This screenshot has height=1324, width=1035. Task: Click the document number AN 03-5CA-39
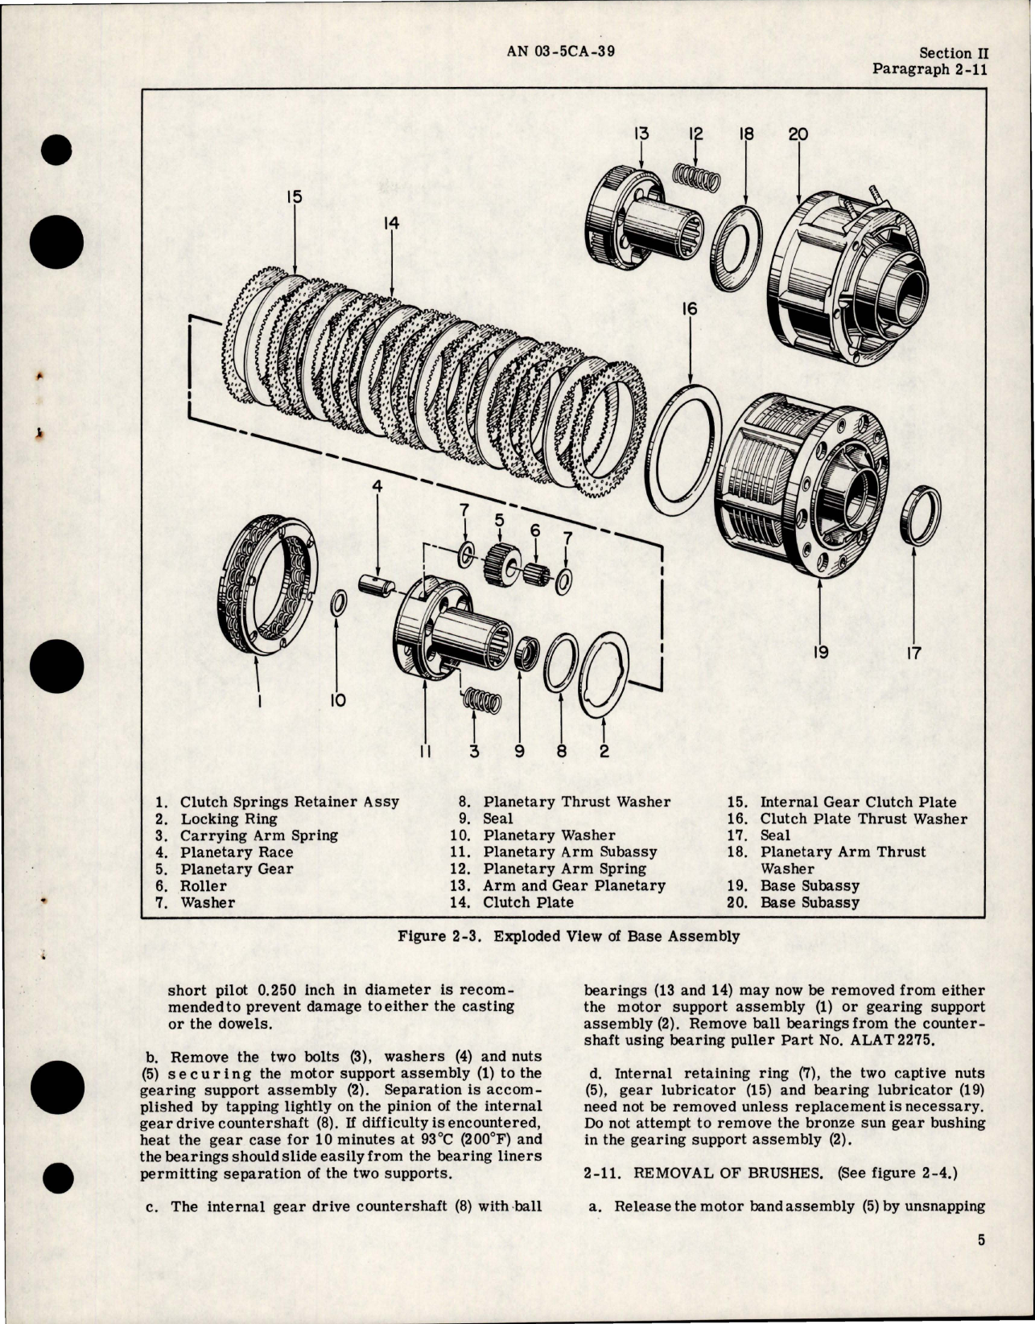click(562, 52)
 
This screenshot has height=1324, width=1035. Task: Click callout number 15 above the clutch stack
click(293, 196)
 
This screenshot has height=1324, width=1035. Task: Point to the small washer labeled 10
click(340, 600)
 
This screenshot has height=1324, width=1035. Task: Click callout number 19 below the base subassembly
click(819, 651)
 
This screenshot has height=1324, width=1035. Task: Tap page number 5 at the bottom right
click(981, 1263)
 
